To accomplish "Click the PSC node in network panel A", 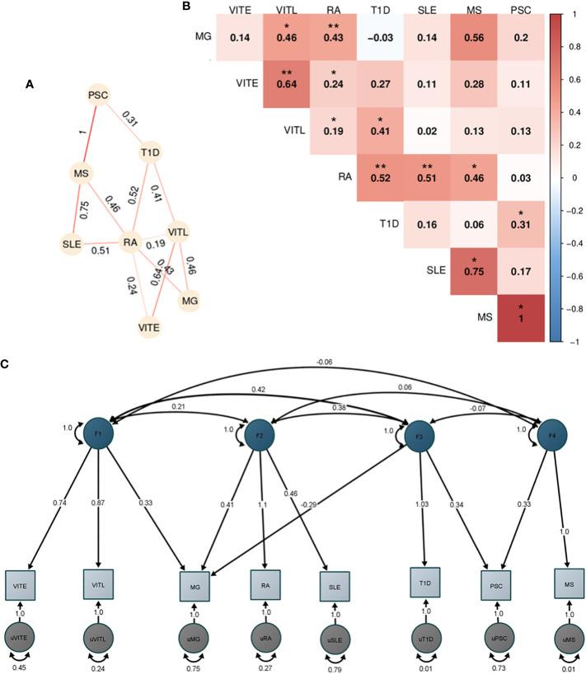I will (99, 96).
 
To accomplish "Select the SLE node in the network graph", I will (71, 244).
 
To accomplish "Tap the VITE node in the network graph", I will (148, 326).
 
